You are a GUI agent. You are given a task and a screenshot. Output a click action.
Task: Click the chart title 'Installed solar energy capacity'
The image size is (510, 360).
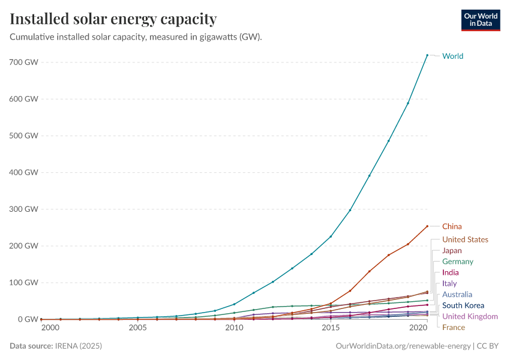click(x=113, y=19)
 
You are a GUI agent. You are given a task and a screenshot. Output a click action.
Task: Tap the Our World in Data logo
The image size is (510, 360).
click(x=480, y=20)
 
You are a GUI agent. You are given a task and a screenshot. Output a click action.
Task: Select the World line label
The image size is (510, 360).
click(x=452, y=56)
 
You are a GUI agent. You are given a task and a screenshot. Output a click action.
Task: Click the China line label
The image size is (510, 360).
click(x=452, y=226)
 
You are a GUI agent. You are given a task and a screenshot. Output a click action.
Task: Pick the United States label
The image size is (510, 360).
click(x=465, y=239)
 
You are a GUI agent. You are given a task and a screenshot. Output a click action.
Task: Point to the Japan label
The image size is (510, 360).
click(x=452, y=250)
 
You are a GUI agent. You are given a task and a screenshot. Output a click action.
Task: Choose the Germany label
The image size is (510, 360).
click(x=458, y=262)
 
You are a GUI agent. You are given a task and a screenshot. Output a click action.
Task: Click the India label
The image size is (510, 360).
click(x=450, y=272)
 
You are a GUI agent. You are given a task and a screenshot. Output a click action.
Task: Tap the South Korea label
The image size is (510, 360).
click(x=463, y=305)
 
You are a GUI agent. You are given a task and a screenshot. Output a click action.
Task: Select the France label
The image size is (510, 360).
click(x=454, y=327)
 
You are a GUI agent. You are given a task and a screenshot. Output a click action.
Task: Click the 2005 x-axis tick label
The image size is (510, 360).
click(x=137, y=328)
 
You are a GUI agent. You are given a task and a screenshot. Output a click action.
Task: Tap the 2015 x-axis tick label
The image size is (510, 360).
click(x=331, y=328)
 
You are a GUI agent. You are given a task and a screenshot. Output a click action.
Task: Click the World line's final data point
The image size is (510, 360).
click(x=427, y=55)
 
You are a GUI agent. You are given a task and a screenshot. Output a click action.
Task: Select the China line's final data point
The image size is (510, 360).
click(x=427, y=226)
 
